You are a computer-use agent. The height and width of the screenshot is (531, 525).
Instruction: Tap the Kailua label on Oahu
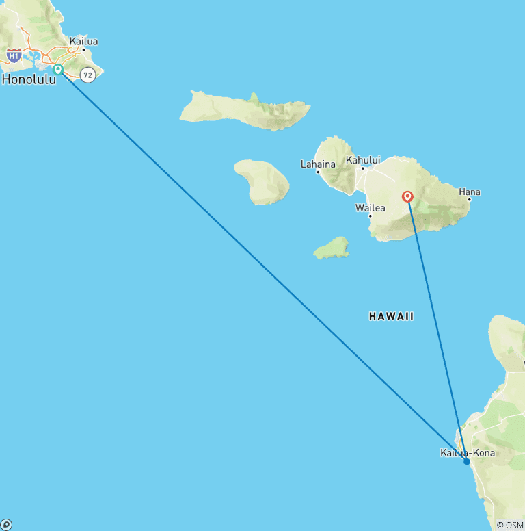[83, 42]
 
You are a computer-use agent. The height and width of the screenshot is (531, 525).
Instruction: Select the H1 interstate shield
[14, 54]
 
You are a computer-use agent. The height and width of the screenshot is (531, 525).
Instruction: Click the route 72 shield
[87, 75]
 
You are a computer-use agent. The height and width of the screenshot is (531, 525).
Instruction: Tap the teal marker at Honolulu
[58, 69]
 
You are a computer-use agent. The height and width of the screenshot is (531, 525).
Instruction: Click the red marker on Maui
[408, 197]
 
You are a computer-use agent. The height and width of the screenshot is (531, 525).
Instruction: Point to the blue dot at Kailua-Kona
[466, 461]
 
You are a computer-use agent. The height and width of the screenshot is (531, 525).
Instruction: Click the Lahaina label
[318, 164]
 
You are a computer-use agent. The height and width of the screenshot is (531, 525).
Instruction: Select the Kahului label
[362, 160]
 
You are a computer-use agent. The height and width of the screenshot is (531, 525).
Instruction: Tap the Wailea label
[371, 207]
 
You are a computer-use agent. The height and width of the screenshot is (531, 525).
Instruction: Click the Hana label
[470, 192]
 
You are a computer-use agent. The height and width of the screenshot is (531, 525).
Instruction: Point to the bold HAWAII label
[391, 316]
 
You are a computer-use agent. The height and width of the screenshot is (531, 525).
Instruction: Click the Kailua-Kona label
[468, 452]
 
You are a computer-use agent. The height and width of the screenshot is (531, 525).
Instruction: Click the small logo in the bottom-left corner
[5, 525]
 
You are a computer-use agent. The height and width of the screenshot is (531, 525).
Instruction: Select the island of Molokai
[246, 109]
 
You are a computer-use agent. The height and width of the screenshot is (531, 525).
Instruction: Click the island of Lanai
[262, 181]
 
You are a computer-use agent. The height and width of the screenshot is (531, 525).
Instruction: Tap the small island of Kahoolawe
[332, 248]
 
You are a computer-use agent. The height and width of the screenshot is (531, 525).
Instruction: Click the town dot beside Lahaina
[318, 172]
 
